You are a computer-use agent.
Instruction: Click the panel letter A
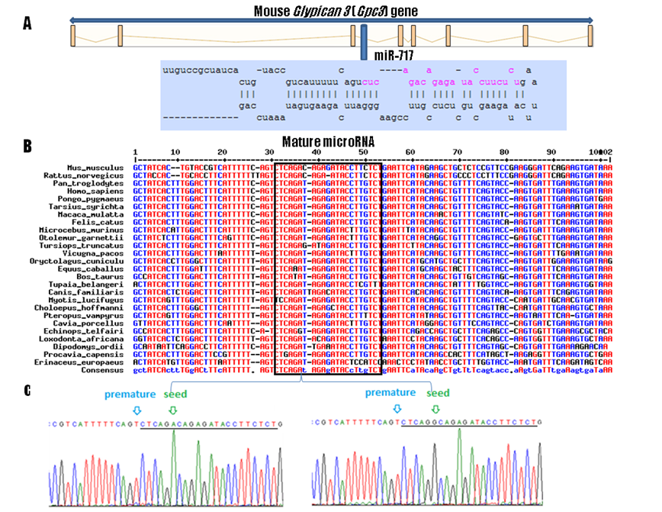pyautogui.click(x=27, y=24)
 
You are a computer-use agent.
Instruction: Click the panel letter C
pyautogui.click(x=27, y=391)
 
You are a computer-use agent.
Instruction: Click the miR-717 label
pyautogui.click(x=396, y=56)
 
